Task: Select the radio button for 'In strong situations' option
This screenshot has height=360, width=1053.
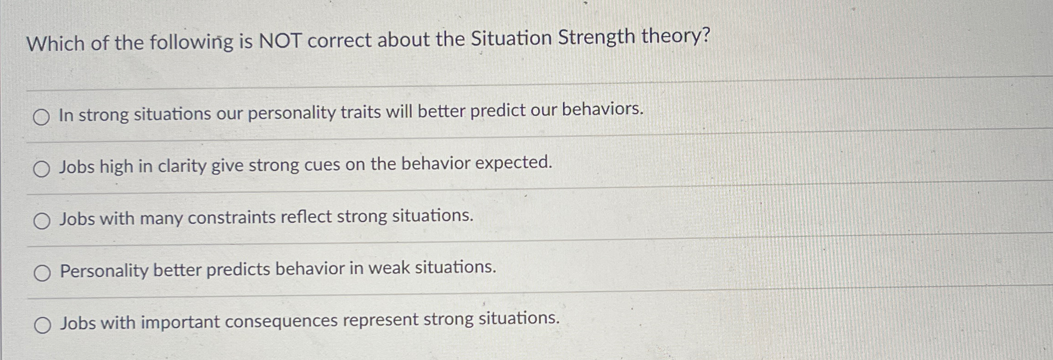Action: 41,118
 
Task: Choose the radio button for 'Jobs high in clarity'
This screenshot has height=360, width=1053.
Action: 42,170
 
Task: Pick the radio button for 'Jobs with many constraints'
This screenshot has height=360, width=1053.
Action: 42,222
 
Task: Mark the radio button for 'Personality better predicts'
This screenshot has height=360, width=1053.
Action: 42,274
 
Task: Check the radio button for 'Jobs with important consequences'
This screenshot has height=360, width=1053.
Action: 43,326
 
